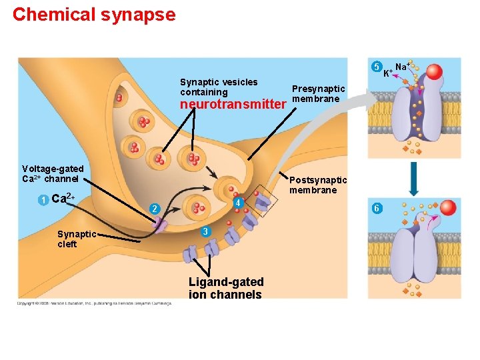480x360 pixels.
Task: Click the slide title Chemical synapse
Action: [x=94, y=15]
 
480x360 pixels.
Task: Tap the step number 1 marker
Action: [x=42, y=200]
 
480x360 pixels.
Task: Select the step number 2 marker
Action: [x=154, y=209]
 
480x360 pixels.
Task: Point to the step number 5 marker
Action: [x=377, y=67]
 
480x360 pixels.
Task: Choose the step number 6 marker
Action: [x=377, y=208]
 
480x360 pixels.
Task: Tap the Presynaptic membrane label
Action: [x=318, y=93]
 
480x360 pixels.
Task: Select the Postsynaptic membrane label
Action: [x=318, y=185]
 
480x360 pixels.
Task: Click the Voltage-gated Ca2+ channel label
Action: [x=53, y=173]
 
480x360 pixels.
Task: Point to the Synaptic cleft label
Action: [x=77, y=239]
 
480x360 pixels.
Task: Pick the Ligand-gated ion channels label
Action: [x=226, y=288]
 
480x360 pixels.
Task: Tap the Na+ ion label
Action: [x=402, y=66]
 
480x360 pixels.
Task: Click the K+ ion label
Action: [x=388, y=71]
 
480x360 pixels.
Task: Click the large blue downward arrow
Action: [x=414, y=177]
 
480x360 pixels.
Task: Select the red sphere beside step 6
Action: [x=449, y=208]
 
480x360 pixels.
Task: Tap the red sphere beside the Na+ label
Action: [x=434, y=72]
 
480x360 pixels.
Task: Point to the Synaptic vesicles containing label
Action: [x=219, y=87]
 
